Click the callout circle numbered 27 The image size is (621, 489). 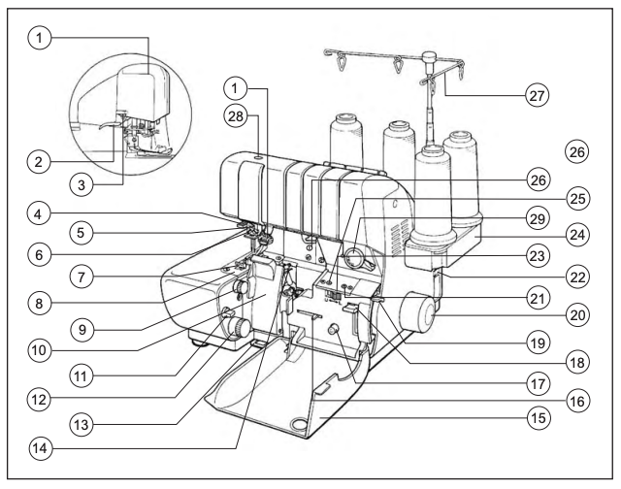(x=537, y=95)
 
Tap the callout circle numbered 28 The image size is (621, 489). (x=236, y=116)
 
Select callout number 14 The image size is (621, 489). (x=40, y=448)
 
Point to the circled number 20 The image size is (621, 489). (x=577, y=315)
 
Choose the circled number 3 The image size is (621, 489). (x=82, y=185)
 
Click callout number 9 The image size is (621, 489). (x=82, y=330)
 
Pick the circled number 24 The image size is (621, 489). (x=577, y=235)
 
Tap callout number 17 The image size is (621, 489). (x=538, y=383)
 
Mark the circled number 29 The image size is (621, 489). (x=537, y=218)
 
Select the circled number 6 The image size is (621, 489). (x=39, y=255)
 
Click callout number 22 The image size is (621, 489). (x=577, y=277)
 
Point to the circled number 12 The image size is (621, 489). (x=39, y=400)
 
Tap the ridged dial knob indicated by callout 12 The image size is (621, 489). (x=239, y=328)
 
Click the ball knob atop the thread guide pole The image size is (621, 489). (x=429, y=56)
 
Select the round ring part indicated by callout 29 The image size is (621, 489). (x=353, y=257)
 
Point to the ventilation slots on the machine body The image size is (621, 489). (x=399, y=239)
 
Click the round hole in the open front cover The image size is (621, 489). (x=299, y=423)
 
